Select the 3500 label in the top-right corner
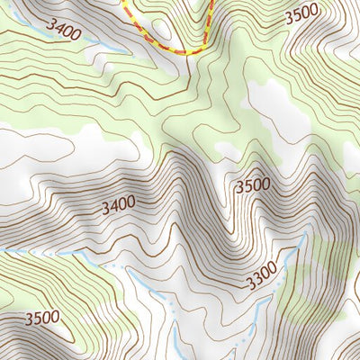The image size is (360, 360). (x=301, y=15)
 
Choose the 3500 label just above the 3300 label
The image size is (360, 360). (x=252, y=185)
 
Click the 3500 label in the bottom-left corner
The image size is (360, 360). (x=42, y=318)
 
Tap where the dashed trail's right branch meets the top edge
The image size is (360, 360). (x=213, y=1)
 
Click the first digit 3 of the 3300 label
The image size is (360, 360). (x=247, y=289)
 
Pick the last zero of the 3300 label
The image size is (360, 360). (x=273, y=278)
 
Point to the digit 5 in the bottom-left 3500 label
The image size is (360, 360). (x=37, y=318)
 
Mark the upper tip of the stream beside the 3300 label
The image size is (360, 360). (x=301, y=236)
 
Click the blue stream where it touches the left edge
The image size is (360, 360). (x=2, y=250)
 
